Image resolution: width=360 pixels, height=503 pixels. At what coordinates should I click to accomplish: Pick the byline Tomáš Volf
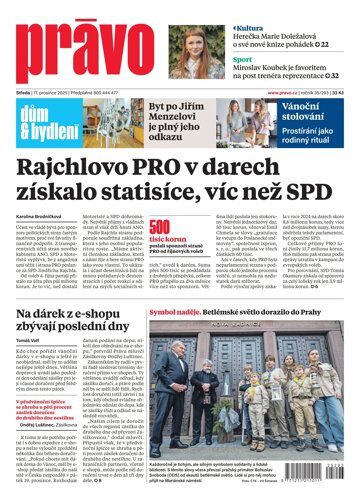(27, 340)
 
